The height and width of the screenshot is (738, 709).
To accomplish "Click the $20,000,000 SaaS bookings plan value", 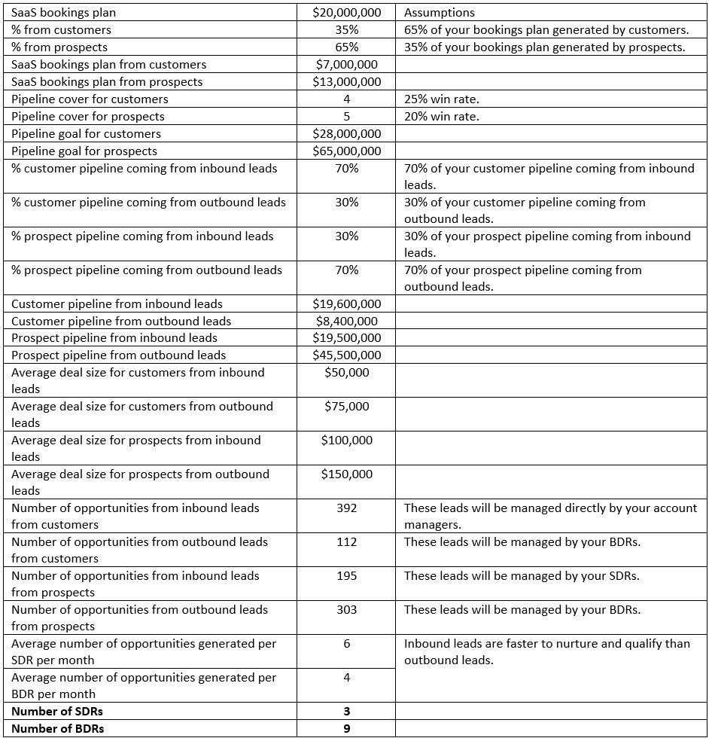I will [x=346, y=13].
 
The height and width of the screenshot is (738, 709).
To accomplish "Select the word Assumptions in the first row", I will [x=440, y=13].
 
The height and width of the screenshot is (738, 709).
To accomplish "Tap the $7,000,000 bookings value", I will [x=346, y=65].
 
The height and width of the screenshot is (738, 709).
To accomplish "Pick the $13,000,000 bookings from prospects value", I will [x=346, y=82].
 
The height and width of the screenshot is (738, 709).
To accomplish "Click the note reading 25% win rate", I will [x=441, y=99].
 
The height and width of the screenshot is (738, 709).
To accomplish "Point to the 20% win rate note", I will [x=441, y=117].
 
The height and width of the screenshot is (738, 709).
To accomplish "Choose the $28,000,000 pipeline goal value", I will [x=346, y=134].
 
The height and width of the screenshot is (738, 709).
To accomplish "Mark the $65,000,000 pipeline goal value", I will [x=346, y=151].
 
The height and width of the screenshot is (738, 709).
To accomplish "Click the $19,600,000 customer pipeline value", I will [x=346, y=304].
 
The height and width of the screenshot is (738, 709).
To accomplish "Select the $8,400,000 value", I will [x=346, y=322].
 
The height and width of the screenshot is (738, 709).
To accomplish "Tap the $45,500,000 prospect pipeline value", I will [x=346, y=355].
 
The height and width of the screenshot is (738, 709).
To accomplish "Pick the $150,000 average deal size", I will [x=346, y=474].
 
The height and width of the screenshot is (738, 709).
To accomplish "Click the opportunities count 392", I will [x=346, y=508].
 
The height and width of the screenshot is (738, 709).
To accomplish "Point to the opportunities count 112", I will [x=346, y=542].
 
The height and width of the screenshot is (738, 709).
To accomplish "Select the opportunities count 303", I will [x=346, y=610].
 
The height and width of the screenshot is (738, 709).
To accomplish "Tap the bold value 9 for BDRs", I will [x=346, y=729].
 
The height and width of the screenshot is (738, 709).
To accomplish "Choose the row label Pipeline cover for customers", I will [x=90, y=99].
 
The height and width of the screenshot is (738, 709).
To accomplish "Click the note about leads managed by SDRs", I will [x=522, y=576].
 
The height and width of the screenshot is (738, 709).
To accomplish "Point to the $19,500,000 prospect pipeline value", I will [x=346, y=338].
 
